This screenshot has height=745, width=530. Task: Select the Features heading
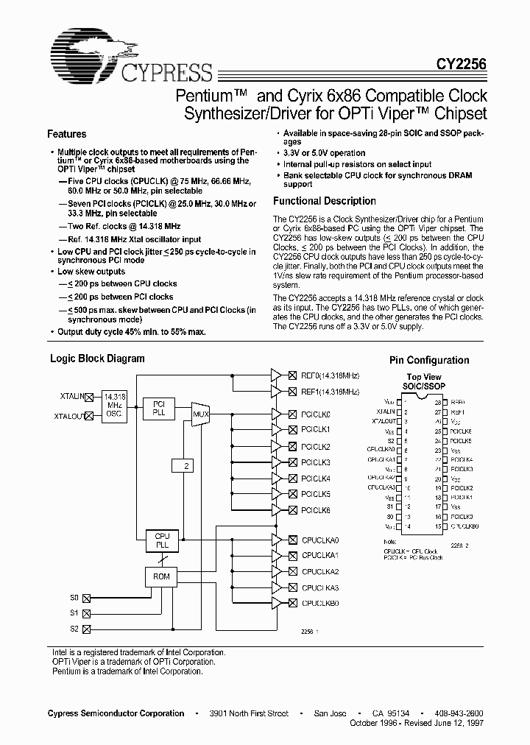[66, 134]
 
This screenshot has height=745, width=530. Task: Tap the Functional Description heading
[324, 201]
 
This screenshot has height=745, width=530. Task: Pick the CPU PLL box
[162, 541]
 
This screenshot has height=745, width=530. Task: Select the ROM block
[162, 576]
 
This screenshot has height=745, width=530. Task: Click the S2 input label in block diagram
[74, 629]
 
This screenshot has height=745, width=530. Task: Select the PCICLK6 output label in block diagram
[316, 510]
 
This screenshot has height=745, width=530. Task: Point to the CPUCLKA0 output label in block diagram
[320, 539]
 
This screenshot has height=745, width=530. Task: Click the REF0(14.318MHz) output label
[330, 374]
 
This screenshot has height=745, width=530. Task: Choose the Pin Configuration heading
[428, 360]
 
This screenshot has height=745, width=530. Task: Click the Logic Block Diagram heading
[96, 359]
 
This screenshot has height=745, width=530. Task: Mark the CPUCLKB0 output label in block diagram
[320, 603]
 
